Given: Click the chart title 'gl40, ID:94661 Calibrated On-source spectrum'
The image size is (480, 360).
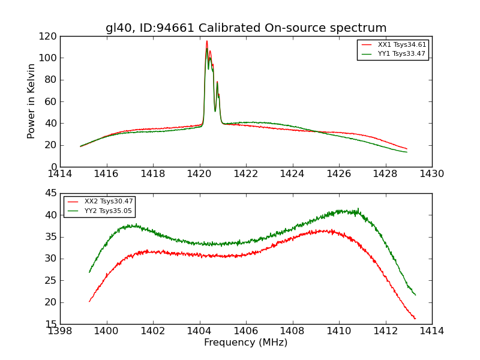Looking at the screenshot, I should point(246,28).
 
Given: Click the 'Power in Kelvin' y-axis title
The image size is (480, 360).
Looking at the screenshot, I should point(32,101).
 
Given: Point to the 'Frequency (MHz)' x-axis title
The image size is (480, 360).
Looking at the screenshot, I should point(246,343).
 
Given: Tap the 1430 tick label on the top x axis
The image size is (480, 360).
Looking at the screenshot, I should point(432,173).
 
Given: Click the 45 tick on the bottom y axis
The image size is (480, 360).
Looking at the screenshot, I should point(52,193).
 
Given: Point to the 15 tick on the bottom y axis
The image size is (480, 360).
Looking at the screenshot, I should point(52,324).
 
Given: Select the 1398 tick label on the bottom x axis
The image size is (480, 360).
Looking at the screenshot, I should point(60,331).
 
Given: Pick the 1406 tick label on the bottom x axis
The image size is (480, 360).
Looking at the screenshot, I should point(246,331).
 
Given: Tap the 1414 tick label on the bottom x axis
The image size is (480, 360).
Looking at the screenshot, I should point(432,331).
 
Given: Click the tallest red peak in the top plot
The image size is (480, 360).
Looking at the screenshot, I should point(206,41).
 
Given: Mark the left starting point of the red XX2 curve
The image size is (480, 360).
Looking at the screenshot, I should point(89,301).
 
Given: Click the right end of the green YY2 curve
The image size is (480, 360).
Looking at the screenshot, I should point(415,295).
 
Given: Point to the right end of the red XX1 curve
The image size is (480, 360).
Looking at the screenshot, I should point(407,149).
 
